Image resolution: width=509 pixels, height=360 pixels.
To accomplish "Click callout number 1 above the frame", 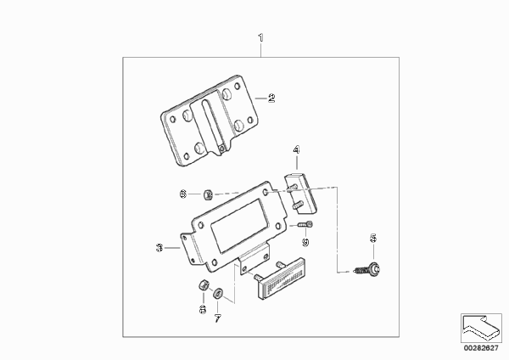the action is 261,38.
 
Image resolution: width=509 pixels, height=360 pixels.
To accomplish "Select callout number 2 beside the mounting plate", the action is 271,98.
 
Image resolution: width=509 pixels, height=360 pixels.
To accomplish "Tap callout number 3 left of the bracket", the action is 159,248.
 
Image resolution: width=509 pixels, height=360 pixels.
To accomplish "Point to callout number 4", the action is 296,149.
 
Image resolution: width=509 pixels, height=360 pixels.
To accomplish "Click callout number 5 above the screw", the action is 373,238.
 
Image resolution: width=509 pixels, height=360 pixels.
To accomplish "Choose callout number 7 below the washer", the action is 217,318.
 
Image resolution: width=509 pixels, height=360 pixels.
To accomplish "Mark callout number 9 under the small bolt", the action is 305,242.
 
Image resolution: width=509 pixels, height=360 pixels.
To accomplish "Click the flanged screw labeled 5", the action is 367,269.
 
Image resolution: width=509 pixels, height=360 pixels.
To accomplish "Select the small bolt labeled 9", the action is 305,224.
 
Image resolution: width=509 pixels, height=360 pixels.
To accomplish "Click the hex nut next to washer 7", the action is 204,285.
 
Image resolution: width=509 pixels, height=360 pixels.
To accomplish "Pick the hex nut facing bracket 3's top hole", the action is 208,195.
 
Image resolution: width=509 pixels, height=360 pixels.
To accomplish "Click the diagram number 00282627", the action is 481,348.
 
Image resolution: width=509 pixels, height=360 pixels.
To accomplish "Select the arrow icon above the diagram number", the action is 481,328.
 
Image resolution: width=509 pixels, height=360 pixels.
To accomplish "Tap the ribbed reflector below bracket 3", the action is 281,278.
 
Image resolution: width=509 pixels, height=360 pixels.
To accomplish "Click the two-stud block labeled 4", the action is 301,194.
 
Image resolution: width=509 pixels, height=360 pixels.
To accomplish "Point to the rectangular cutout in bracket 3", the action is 239,226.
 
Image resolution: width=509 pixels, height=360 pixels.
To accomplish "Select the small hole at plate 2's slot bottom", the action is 221,148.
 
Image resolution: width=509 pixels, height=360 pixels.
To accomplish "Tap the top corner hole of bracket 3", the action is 266,193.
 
